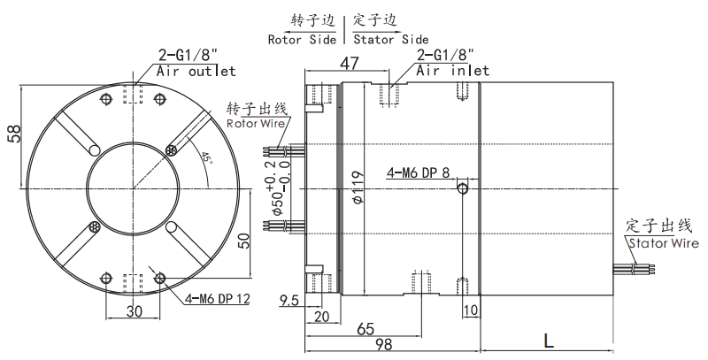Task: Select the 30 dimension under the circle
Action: pos(134,311)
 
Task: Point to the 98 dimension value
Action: pos(382,344)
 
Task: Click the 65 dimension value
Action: pos(365,328)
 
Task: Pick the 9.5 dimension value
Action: pos(289,301)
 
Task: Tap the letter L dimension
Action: pos(549,340)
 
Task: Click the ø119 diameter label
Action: pos(358,188)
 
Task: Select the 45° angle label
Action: pos(206,159)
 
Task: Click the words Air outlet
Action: pos(196,71)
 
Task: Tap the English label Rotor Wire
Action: pos(256,124)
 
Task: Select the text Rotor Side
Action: pos(303,39)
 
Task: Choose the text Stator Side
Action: pos(390,39)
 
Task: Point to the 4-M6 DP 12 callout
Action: pos(218,298)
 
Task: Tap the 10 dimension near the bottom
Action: pos(470,310)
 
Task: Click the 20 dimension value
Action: pos(321,316)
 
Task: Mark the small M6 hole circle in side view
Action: pos(462,188)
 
